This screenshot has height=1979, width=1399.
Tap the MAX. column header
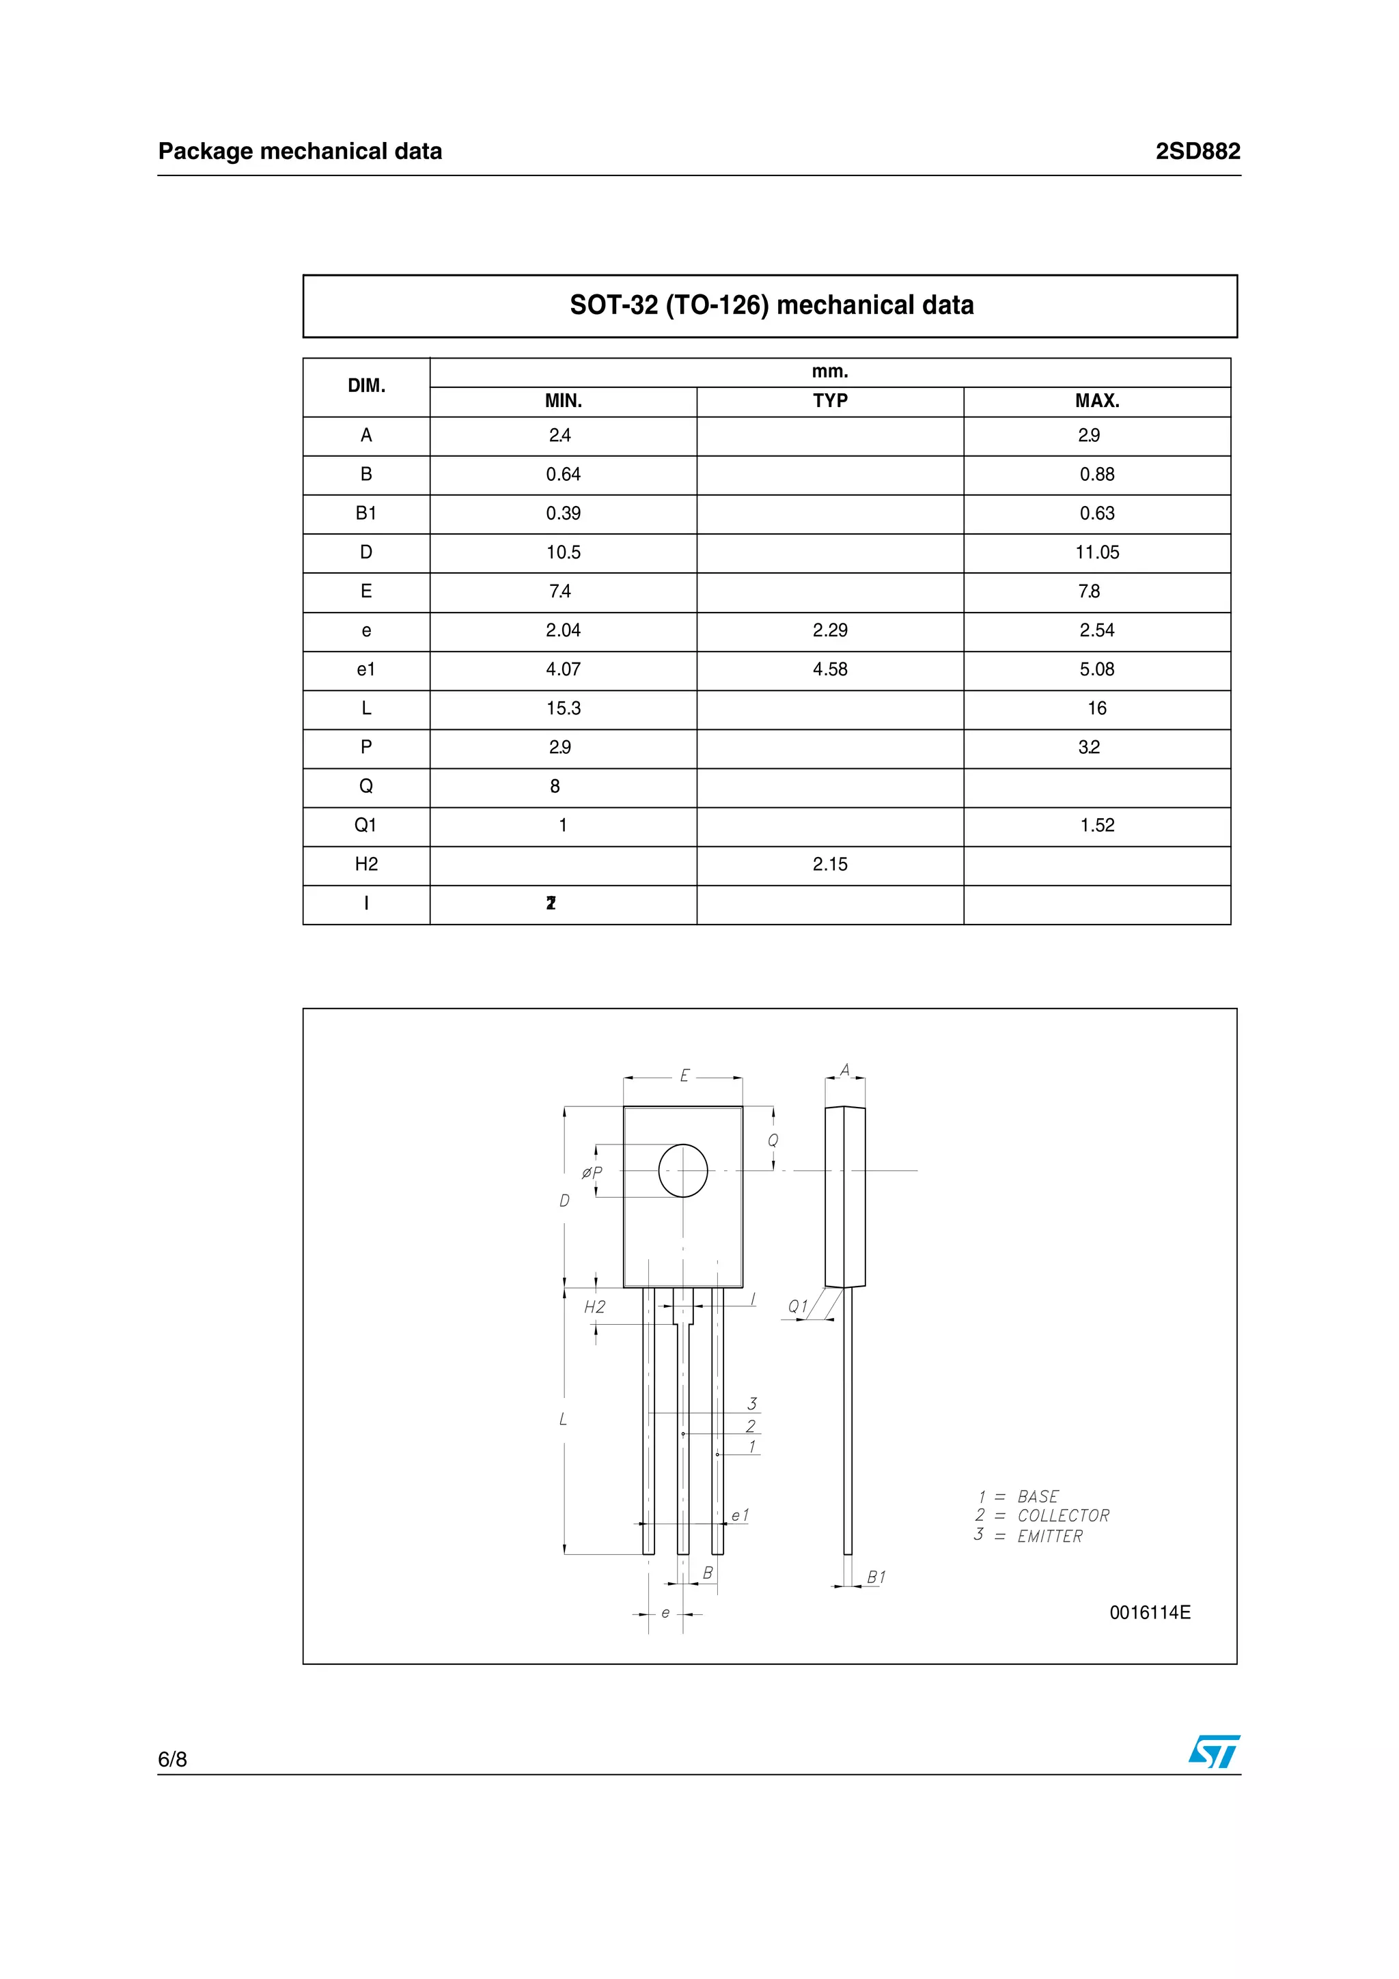[1096, 401]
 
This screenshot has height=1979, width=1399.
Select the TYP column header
[829, 401]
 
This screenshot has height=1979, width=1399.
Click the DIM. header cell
[366, 386]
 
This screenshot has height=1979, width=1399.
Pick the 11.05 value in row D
[1096, 552]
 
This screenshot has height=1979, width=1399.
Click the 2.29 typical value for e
[829, 630]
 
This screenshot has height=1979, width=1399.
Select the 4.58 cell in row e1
[829, 669]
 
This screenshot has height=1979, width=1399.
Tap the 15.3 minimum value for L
[563, 709]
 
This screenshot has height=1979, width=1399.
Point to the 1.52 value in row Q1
[1096, 825]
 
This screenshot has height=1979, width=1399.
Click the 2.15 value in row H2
[829, 864]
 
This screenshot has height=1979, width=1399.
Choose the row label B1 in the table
[366, 514]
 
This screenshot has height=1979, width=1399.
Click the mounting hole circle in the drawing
[682, 1170]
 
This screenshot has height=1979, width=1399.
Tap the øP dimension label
[592, 1173]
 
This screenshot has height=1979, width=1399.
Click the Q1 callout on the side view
[798, 1306]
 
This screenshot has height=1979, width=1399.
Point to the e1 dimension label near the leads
[740, 1515]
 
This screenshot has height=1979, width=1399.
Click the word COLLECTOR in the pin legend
[1063, 1515]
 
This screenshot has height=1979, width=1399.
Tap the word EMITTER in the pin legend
[1049, 1536]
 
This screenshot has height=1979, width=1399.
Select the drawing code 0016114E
[1149, 1613]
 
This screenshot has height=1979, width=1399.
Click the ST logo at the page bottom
[1214, 1752]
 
